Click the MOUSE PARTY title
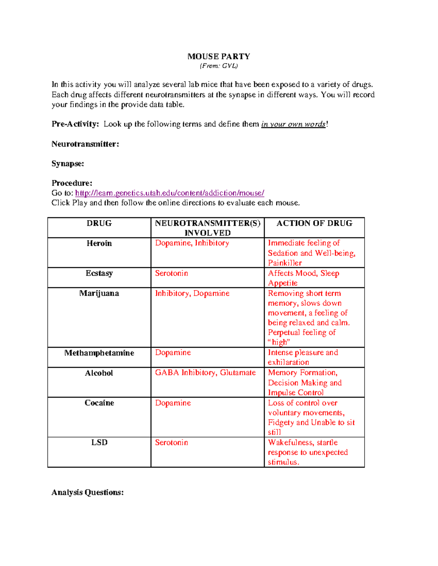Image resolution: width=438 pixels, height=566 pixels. (219, 56)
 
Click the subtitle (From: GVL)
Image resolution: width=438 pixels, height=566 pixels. (219, 66)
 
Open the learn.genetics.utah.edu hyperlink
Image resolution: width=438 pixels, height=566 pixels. (169, 193)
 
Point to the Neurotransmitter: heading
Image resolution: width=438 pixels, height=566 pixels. (85, 144)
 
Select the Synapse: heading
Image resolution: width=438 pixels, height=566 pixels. (68, 164)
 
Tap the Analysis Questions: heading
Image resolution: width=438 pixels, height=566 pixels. (88, 492)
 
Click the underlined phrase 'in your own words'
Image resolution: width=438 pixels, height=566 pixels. (293, 124)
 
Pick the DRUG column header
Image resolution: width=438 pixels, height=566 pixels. (99, 223)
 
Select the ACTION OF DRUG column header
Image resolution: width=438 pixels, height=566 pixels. (314, 223)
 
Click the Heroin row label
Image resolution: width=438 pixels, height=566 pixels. (99, 243)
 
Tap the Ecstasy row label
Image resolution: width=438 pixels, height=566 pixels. (99, 273)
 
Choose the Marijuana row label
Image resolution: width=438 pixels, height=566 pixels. (99, 293)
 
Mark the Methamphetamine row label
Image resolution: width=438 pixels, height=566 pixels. (99, 353)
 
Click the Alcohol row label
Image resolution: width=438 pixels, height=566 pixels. (99, 373)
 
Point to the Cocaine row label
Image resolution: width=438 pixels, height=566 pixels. (99, 403)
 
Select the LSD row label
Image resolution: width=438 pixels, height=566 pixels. (99, 442)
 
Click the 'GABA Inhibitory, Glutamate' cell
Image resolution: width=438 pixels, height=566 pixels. (205, 372)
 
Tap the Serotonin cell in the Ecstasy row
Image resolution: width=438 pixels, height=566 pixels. (172, 273)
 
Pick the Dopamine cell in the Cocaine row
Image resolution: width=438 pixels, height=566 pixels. (173, 403)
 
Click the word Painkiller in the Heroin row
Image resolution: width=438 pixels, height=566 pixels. (285, 263)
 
